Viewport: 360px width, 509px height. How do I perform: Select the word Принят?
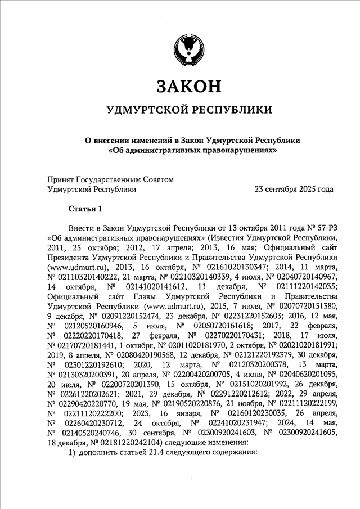coord(62,179)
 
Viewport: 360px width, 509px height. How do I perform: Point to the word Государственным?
coord(116,179)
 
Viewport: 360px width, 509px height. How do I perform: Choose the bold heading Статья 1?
coord(85,210)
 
